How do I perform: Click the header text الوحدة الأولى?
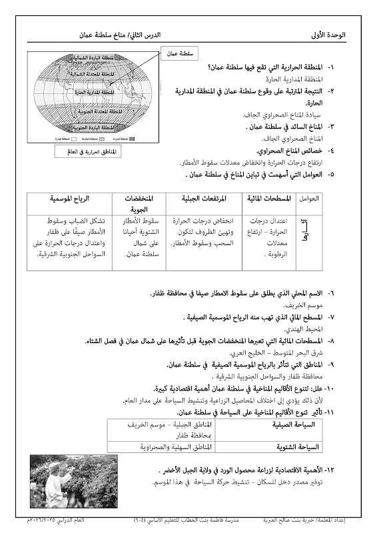tap(338, 34)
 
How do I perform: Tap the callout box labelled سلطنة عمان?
tap(176, 52)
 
